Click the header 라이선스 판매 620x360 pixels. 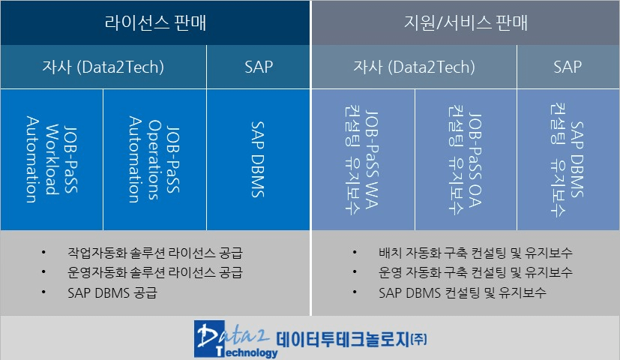click(155, 22)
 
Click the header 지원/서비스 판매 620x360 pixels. click(466, 22)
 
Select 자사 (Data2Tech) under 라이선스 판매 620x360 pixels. click(103, 67)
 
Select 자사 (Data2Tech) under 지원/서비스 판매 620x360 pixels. click(414, 67)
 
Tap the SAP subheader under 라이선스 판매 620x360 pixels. click(258, 67)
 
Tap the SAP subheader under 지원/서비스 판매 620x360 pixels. click(568, 67)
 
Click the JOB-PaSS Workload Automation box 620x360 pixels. click(52, 160)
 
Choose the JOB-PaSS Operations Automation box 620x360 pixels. click(154, 160)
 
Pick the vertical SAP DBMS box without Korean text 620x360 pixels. click(258, 160)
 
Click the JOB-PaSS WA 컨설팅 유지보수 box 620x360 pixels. click(363, 160)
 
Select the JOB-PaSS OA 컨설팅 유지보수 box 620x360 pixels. click(466, 160)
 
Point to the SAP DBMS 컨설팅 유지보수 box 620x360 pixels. click(568, 160)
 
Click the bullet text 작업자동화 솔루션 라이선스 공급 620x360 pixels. click(155, 253)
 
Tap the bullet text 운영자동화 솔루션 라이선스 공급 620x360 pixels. click(155, 272)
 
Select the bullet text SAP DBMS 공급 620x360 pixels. click(112, 292)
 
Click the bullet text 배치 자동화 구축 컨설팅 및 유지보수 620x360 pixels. click(475, 253)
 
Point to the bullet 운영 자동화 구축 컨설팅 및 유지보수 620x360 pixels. click(475, 272)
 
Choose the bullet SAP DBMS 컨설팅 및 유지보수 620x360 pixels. click(463, 292)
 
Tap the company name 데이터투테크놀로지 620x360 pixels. click(343, 340)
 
